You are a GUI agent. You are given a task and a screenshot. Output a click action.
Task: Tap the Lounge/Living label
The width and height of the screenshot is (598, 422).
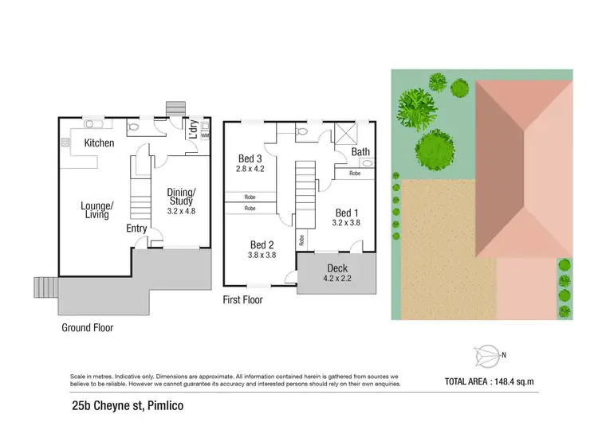pos(97,210)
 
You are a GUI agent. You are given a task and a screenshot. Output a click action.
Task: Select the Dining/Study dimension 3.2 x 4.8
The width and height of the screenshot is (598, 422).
pos(182,212)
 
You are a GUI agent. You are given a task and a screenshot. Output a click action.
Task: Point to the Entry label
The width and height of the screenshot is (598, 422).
pos(137,229)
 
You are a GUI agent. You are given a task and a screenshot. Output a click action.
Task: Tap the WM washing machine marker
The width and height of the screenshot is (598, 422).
pos(205,135)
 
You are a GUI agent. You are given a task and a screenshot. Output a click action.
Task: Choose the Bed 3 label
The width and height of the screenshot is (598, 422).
pos(250,158)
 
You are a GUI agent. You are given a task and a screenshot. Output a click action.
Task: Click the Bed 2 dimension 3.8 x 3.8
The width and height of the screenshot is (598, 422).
pos(262,256)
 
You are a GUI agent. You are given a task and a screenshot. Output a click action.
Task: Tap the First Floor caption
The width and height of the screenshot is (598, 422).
pos(242,300)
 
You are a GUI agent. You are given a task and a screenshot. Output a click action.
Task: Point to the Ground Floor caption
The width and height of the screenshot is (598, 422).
pos(87,327)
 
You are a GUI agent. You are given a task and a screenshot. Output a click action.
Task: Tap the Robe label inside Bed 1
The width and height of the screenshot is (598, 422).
pos(355,172)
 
